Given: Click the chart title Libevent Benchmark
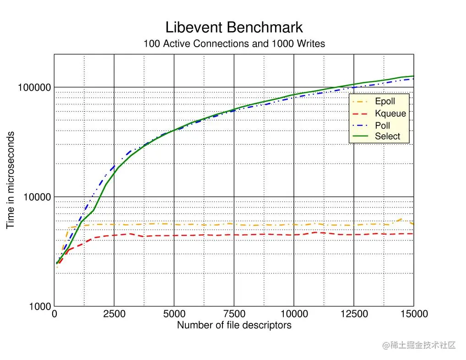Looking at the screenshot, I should coord(234,27).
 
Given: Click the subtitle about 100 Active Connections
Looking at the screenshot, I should coord(234,44).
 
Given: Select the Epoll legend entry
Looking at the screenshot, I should coord(385,101).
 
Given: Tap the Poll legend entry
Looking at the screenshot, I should coord(382,125).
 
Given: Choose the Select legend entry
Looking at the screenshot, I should coord(387,136).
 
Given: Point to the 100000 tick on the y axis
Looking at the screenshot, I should coord(34,87).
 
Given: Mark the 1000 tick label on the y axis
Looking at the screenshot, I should coord(39,307).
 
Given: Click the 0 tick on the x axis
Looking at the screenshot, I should coord(54,314).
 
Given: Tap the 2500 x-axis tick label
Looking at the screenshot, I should coord(114,314).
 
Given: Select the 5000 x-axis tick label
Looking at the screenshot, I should coord(174,314).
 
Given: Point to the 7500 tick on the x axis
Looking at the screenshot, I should coord(234,314).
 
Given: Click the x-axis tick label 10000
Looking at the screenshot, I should coord(293,314).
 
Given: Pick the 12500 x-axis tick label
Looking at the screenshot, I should coord(353,314).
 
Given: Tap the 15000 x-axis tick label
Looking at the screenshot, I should coord(413,314).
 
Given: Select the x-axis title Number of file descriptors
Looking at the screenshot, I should coord(234,326).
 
